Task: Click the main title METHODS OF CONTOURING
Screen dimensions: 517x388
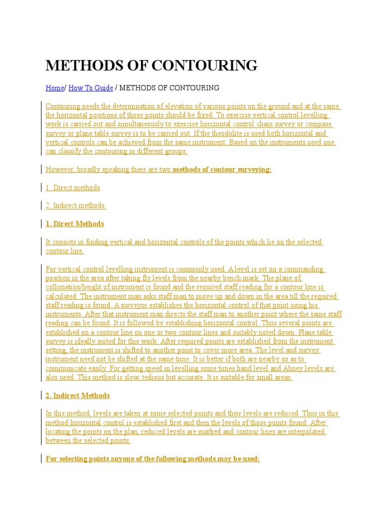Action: [x=151, y=65]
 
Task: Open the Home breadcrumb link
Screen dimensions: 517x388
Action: [x=55, y=88]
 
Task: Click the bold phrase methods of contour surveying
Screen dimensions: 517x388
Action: [x=222, y=169]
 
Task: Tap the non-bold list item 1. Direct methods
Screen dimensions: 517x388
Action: [x=73, y=187]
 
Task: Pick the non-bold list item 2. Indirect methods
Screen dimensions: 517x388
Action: [x=76, y=205]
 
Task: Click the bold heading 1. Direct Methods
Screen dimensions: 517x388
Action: [x=75, y=224]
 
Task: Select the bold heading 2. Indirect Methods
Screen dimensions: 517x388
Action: [x=77, y=395]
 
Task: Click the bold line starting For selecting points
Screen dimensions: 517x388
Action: [x=153, y=459]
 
